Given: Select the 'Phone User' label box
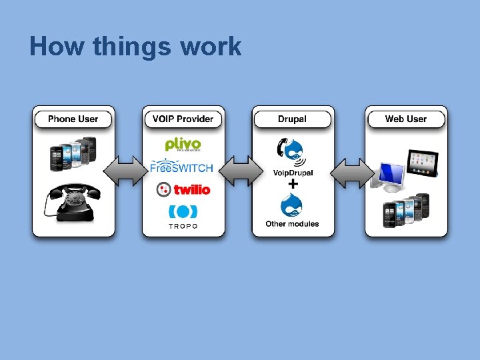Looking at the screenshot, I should [x=73, y=119].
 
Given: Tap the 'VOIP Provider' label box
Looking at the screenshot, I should [x=183, y=119].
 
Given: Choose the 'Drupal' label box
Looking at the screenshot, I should [x=292, y=119].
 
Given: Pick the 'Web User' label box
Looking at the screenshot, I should [x=405, y=119].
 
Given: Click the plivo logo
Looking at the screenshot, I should [x=183, y=145].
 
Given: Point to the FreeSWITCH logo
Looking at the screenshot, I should [x=182, y=167].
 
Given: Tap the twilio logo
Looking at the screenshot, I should [x=183, y=190].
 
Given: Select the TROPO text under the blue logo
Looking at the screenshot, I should [x=183, y=227].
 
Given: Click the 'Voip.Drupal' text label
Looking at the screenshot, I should [x=293, y=173].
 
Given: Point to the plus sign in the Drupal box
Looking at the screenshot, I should [x=292, y=183].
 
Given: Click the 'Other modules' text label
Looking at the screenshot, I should [x=292, y=224].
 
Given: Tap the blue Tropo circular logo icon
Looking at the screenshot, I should [x=183, y=211].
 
